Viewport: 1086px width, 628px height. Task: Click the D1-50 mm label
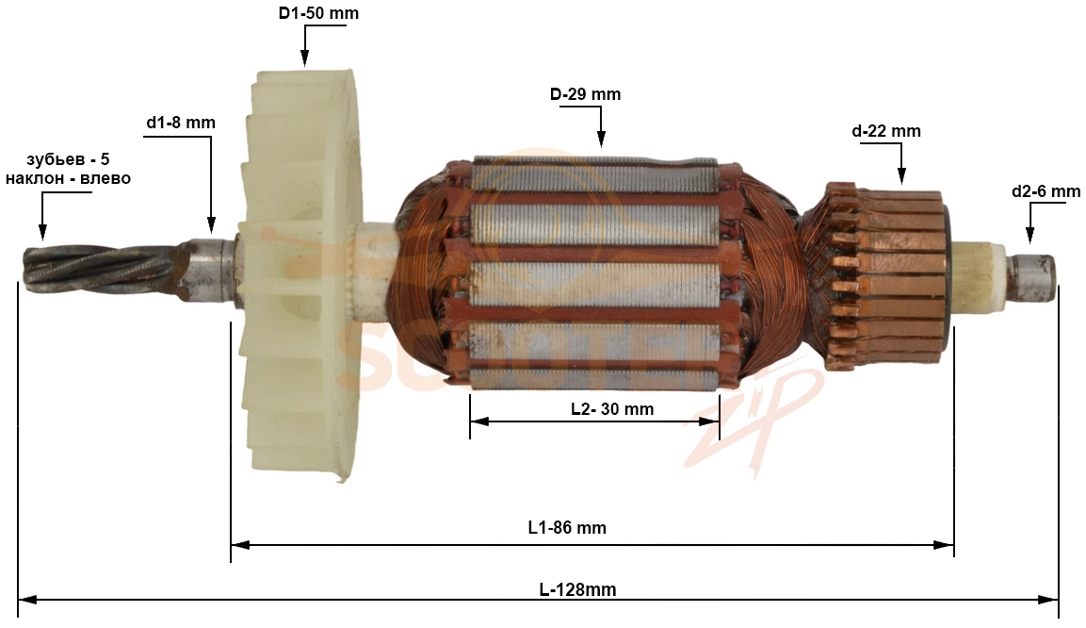click(318, 13)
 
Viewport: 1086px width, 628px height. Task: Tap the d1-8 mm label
click(181, 123)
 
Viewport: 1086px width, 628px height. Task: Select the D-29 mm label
click(585, 94)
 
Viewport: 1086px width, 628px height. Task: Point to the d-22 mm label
click(886, 131)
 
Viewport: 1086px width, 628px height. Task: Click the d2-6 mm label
click(1045, 191)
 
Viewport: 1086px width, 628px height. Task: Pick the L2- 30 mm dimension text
click(612, 409)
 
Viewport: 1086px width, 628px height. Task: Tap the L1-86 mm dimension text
click(567, 527)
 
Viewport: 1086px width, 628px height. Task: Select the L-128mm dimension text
click(577, 590)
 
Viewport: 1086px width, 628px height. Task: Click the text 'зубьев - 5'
click(68, 159)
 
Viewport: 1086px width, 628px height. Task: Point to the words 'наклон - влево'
click(68, 178)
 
